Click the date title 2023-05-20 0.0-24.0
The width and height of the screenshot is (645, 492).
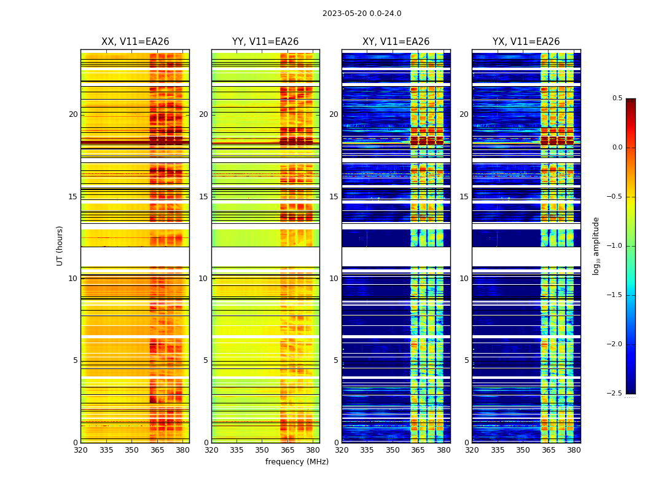(x=362, y=14)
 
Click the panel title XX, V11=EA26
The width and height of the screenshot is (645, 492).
(x=135, y=42)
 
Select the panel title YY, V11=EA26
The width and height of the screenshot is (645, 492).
(x=265, y=42)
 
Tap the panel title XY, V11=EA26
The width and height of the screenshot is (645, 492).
(x=396, y=42)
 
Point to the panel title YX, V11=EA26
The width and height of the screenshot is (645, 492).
(x=526, y=42)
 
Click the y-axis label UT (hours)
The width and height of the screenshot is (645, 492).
(x=60, y=245)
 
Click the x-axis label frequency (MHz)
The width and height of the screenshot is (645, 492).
(x=297, y=462)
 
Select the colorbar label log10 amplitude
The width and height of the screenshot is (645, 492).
(x=596, y=245)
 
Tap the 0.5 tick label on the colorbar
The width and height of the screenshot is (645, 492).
(x=617, y=98)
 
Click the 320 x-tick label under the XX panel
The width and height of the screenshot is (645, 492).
(x=80, y=450)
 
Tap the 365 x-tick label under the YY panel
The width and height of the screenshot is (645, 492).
(x=287, y=450)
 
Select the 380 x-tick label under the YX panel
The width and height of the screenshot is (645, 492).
(x=574, y=450)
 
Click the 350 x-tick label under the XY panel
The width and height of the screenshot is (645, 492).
(x=393, y=450)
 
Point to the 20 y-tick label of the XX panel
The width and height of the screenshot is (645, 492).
(x=73, y=114)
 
